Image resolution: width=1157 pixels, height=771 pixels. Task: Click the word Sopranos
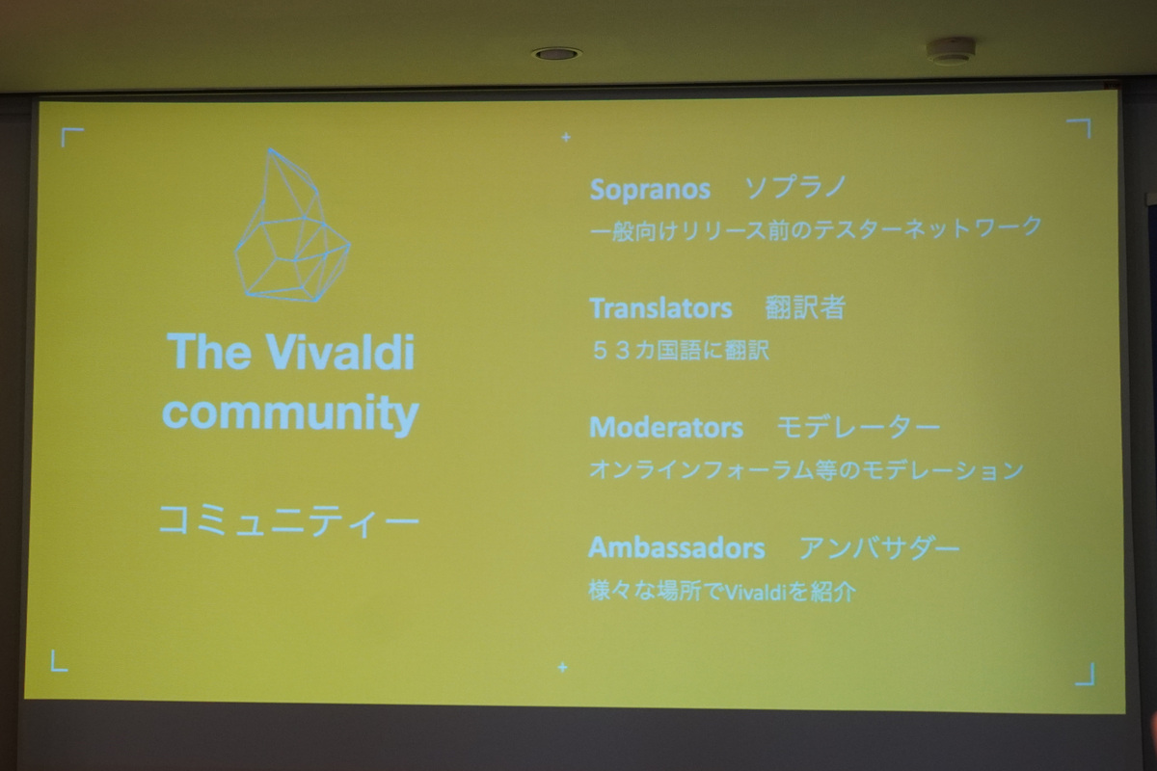pos(649,190)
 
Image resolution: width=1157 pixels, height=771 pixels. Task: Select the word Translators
pos(660,308)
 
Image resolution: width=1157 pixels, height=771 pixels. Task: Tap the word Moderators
pos(665,427)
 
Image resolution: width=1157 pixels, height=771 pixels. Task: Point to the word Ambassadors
pos(676,548)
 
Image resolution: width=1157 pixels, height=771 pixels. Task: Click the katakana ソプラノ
pos(795,189)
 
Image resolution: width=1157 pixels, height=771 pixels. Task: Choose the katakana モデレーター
pos(857,427)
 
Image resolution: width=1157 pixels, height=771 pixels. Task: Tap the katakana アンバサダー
pos(878,548)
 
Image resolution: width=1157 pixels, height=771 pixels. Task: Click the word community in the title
pos(290,413)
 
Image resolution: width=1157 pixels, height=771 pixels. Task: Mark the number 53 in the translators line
pos(611,350)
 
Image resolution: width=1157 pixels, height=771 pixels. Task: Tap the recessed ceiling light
pos(556,53)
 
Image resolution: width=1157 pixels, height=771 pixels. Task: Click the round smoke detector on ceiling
pos(952,51)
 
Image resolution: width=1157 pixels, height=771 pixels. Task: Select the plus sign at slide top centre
pos(565,138)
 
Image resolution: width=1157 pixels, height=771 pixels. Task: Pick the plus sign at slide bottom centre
pos(562,667)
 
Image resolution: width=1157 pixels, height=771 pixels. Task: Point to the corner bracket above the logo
pos(71,137)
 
